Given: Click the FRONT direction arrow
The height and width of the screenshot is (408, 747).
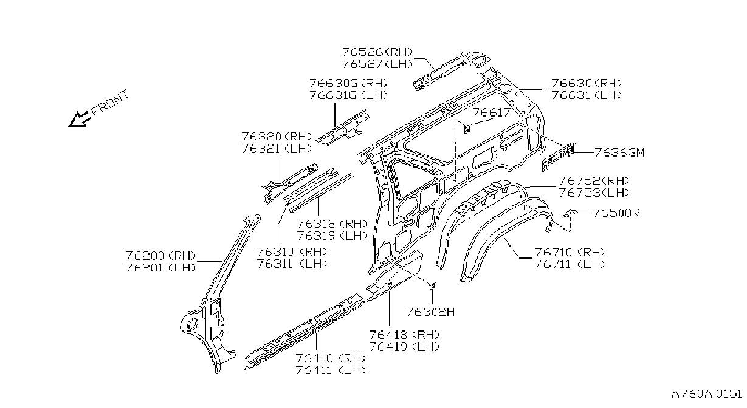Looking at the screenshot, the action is pyautogui.click(x=78, y=120).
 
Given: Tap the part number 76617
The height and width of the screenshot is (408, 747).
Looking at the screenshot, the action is pyautogui.click(x=492, y=112).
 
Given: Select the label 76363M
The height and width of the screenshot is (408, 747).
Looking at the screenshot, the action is pyautogui.click(x=619, y=152).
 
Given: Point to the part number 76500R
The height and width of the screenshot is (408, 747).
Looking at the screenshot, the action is pyautogui.click(x=616, y=213).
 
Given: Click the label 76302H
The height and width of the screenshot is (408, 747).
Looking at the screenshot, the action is pyautogui.click(x=430, y=311).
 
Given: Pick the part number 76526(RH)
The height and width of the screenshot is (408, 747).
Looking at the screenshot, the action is pyautogui.click(x=377, y=52).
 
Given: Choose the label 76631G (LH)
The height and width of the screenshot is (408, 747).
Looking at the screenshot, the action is pyautogui.click(x=349, y=95).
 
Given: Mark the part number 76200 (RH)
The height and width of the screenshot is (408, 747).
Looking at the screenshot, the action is pyautogui.click(x=160, y=256).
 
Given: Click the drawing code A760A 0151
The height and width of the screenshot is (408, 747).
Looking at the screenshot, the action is pyautogui.click(x=706, y=394).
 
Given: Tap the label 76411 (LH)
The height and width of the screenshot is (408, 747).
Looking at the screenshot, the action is pyautogui.click(x=331, y=370).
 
